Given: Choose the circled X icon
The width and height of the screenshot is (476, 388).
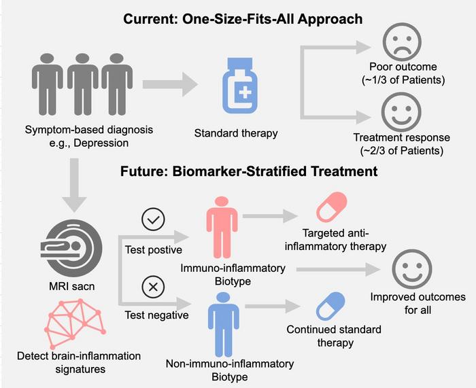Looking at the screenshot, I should coord(153,287).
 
